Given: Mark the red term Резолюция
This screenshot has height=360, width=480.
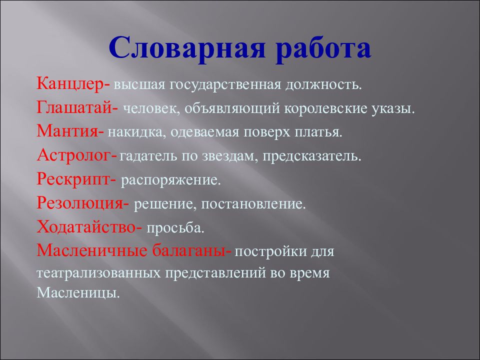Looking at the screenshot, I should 79,203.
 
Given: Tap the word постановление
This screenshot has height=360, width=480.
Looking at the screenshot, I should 261,203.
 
